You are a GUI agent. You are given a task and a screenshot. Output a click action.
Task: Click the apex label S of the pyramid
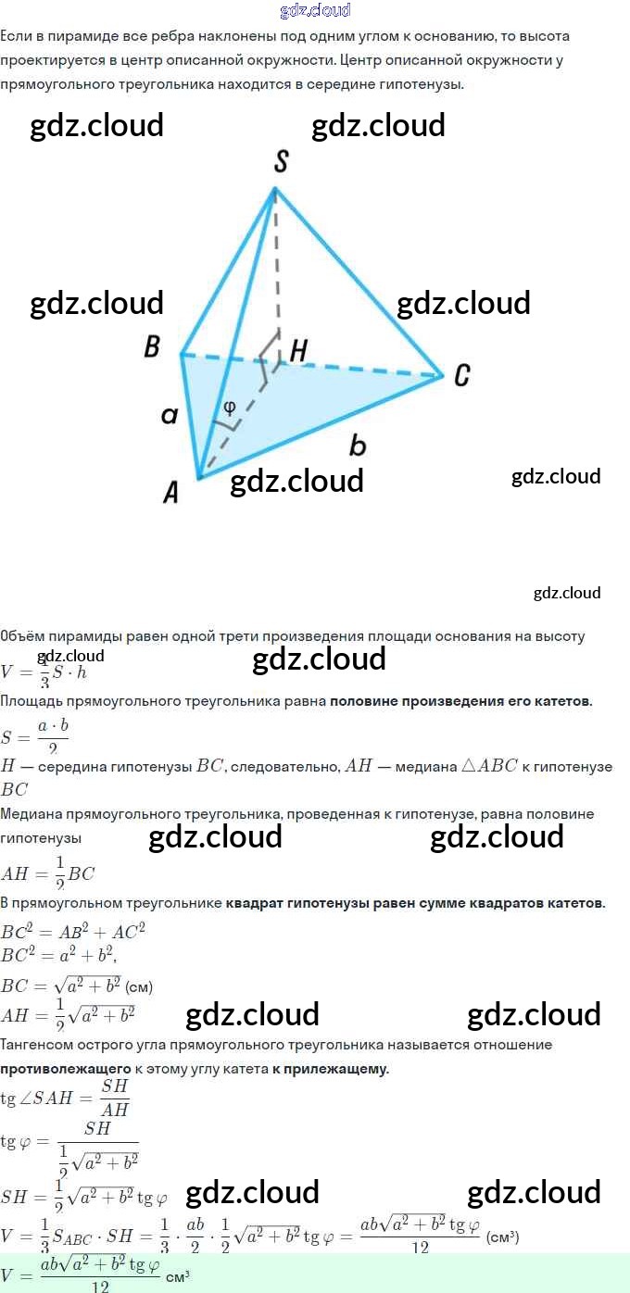[x=281, y=162]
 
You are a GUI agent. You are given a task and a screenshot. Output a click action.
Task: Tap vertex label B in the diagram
[x=152, y=346]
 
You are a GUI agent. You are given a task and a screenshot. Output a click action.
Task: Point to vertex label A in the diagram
[x=170, y=493]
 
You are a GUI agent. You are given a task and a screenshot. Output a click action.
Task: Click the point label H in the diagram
[x=298, y=350]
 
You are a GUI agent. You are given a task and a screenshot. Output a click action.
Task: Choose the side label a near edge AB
[x=169, y=414]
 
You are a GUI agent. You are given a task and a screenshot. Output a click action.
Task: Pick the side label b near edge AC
[x=358, y=446]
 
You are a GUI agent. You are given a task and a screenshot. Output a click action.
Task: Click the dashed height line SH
[x=275, y=269]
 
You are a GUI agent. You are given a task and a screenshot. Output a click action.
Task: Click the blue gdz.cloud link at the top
[x=315, y=10]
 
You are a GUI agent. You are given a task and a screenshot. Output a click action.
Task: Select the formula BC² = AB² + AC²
[x=73, y=931]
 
